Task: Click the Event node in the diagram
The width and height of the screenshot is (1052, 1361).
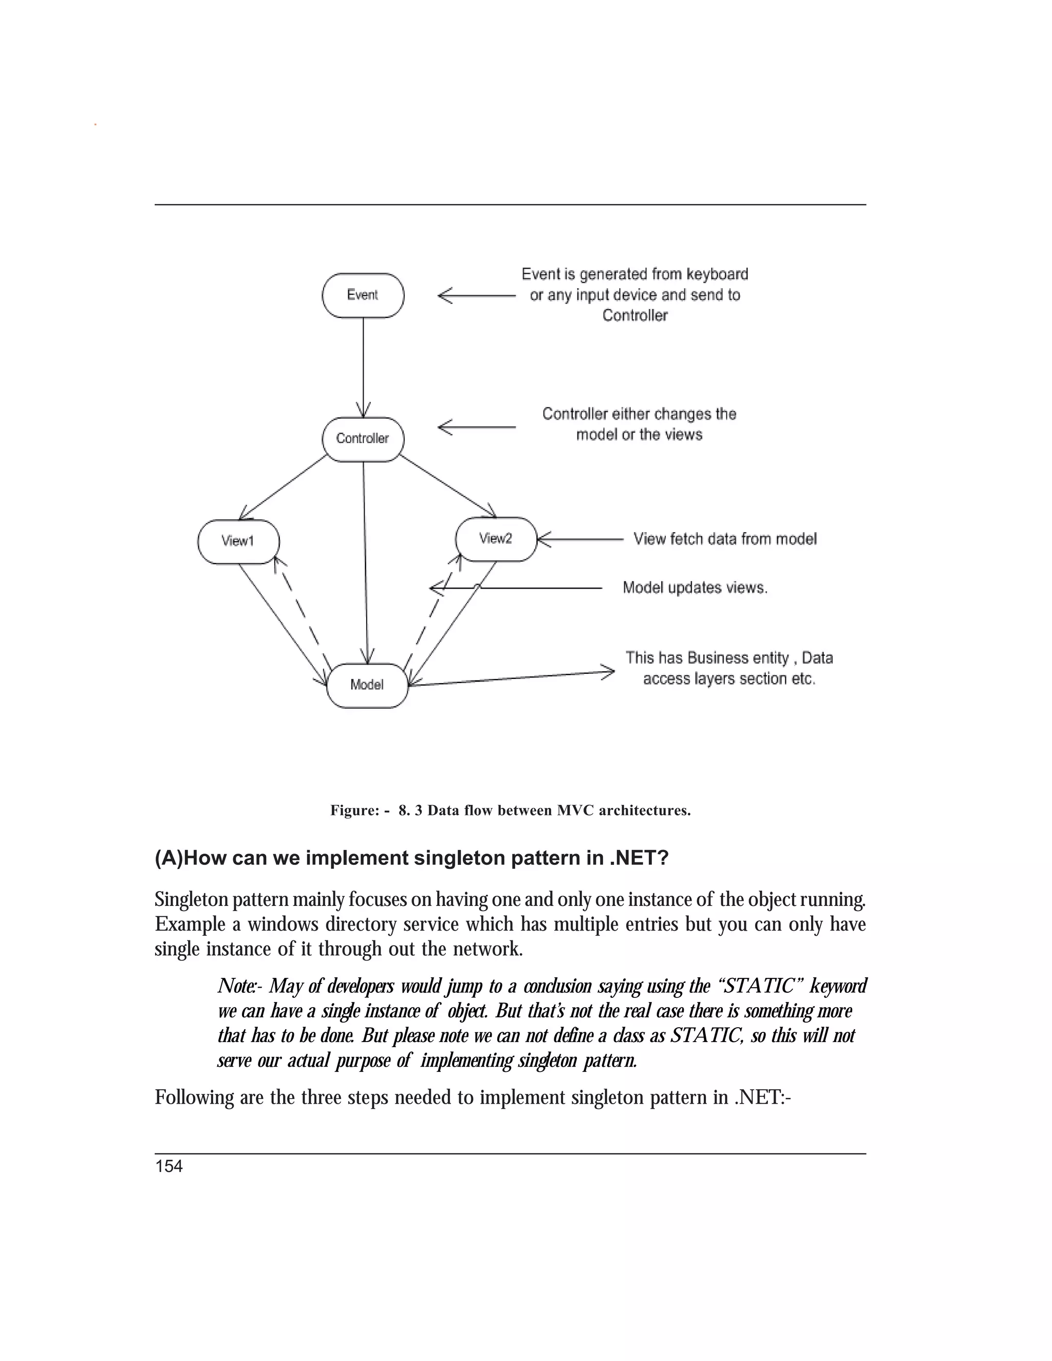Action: pyautogui.click(x=363, y=295)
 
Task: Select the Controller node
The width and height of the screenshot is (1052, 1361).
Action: pyautogui.click(x=363, y=439)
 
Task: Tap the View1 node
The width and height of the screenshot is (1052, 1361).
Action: pyautogui.click(x=238, y=541)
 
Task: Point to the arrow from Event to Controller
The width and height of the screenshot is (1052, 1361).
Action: pyautogui.click(x=363, y=368)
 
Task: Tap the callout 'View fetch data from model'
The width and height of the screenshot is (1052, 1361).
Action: pyautogui.click(x=725, y=539)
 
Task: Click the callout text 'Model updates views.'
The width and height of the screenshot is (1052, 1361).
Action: pyautogui.click(x=695, y=588)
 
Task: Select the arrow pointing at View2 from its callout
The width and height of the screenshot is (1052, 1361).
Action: pyautogui.click(x=579, y=540)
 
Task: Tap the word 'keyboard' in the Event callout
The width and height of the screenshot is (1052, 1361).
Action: pyautogui.click(x=717, y=274)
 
